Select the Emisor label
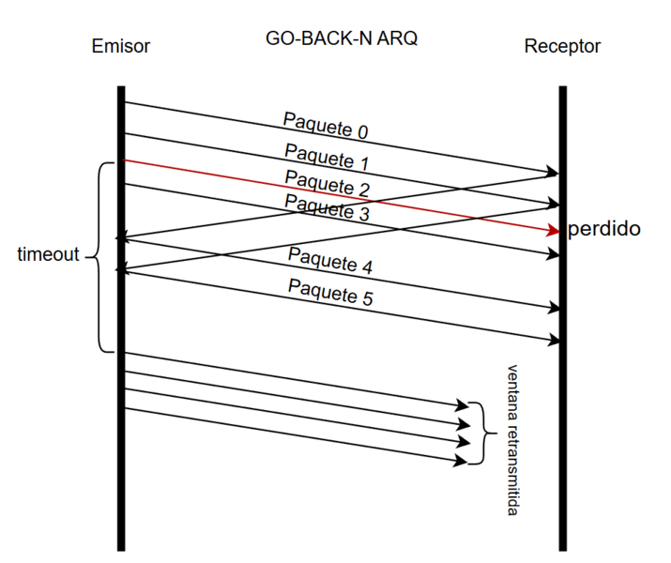coord(121,46)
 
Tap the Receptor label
coord(562,46)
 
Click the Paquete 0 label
coord(320,125)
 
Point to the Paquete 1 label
coord(321,156)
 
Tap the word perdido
coord(604,228)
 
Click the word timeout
coord(48,255)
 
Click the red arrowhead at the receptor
coord(552,229)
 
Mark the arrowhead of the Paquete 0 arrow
coord(552,173)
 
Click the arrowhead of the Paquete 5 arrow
coord(552,339)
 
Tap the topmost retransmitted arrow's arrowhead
coord(462,405)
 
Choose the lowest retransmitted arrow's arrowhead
coord(462,459)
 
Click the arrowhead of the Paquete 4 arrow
coord(552,307)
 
